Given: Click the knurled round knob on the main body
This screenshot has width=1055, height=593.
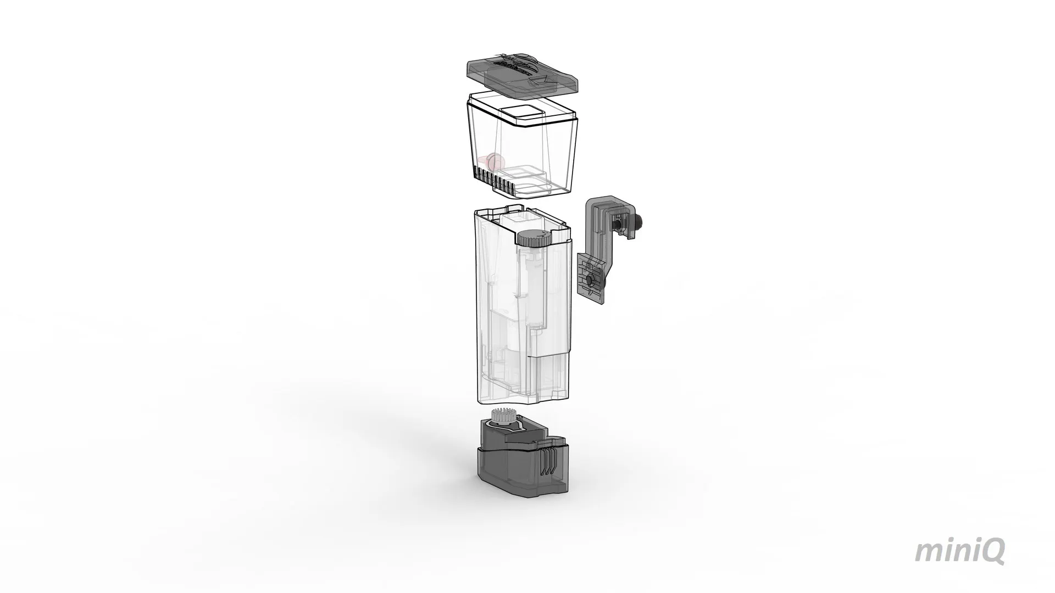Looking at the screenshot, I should click(x=533, y=238).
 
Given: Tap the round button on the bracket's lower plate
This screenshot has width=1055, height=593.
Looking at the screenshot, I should click(x=589, y=281).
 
